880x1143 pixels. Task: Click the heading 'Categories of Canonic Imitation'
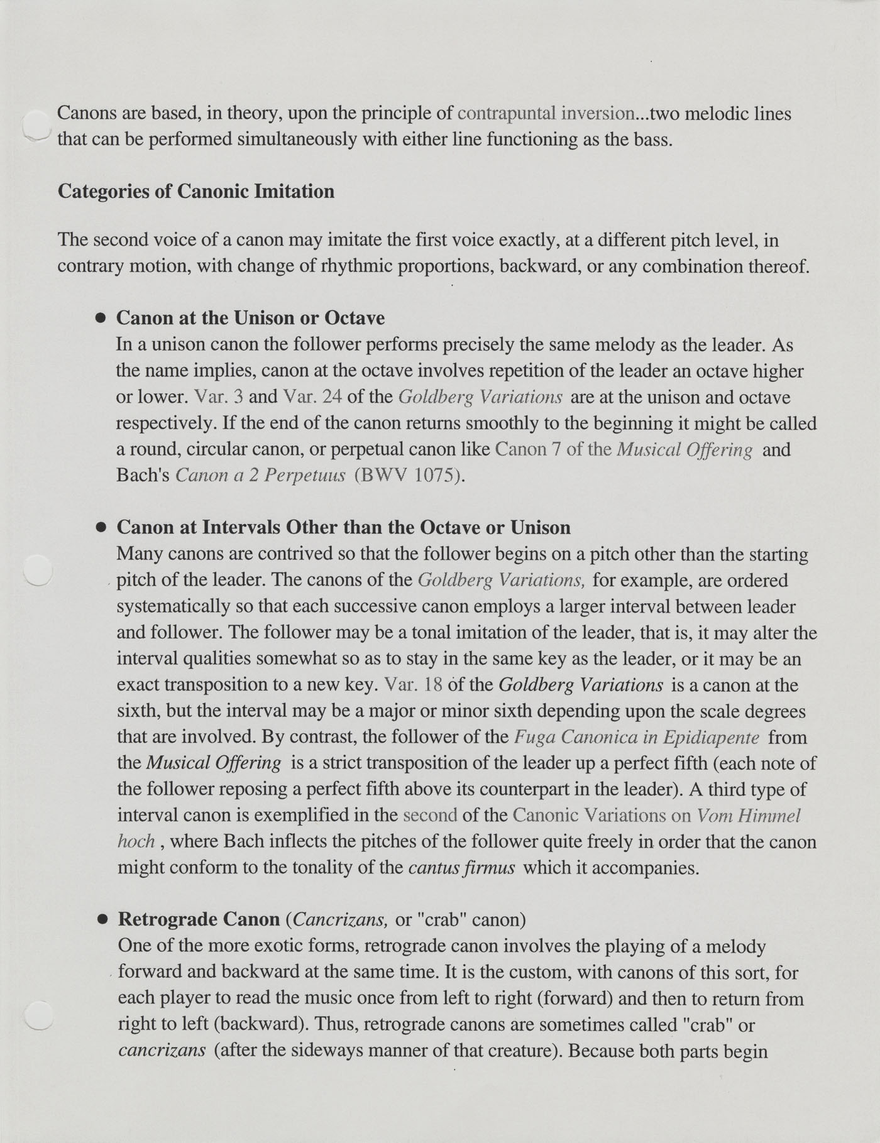[195, 191]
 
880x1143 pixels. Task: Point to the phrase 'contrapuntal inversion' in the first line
[546, 114]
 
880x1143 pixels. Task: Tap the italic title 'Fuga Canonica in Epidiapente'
[636, 737]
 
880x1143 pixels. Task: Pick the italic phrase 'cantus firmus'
[461, 868]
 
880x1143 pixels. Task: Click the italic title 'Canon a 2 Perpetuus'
[260, 475]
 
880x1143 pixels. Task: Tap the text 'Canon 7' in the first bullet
[528, 449]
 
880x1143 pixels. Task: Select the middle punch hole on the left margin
[37, 571]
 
